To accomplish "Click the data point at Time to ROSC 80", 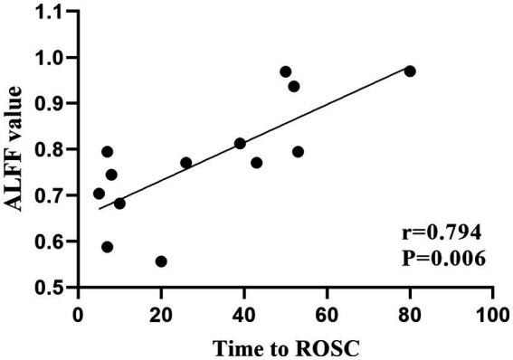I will (410, 71).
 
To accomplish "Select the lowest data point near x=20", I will (161, 261).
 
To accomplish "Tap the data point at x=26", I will (186, 163).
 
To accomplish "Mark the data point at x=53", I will (298, 152).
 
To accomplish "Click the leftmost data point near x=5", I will (99, 194).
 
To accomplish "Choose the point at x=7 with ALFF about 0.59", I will (108, 247).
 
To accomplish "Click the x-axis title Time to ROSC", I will (284, 346).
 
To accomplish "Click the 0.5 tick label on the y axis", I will (52, 288).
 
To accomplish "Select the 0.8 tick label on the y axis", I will (52, 150).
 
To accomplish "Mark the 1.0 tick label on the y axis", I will (52, 58).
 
